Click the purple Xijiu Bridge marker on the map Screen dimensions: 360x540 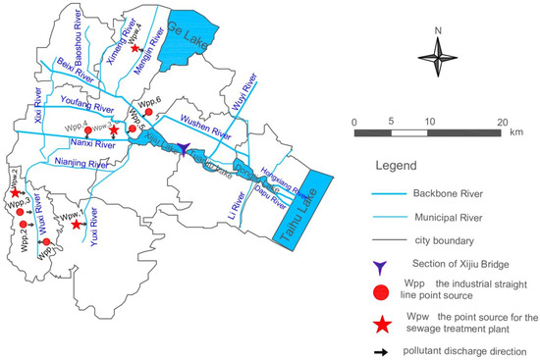(x=185, y=145)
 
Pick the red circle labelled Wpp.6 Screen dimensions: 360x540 (x=148, y=114)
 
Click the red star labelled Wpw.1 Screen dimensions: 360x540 (x=77, y=225)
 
